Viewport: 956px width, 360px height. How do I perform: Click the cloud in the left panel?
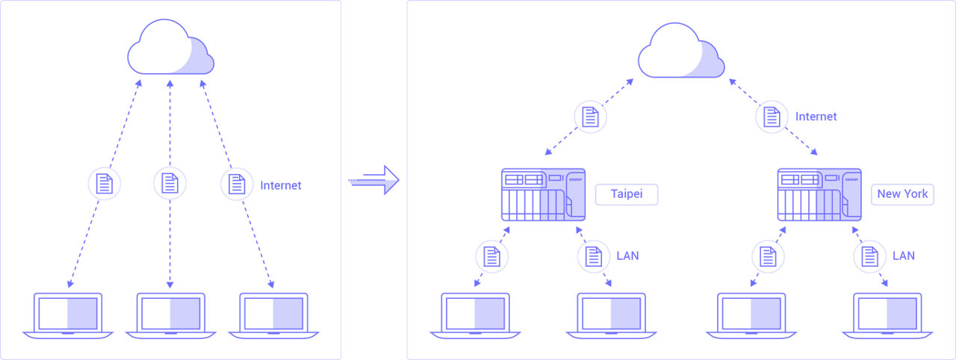tap(170, 49)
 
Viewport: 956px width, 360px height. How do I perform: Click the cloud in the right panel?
tap(681, 52)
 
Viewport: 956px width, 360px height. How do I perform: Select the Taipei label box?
tap(627, 194)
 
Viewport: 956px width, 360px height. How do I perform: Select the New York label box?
tap(902, 194)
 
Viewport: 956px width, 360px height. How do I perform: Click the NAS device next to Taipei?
tap(543, 194)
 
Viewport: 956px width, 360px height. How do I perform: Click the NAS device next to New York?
tap(819, 194)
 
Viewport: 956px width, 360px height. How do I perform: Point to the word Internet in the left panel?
tap(281, 185)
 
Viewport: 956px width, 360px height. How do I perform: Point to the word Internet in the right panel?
tap(816, 117)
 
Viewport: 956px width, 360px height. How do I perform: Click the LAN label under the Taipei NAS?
tap(627, 256)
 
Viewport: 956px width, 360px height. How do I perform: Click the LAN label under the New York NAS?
tap(904, 256)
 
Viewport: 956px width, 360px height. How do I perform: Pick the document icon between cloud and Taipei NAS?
tap(590, 117)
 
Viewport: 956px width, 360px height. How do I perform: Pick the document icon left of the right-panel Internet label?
tap(772, 117)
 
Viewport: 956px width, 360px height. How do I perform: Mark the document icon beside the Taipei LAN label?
tap(594, 256)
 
